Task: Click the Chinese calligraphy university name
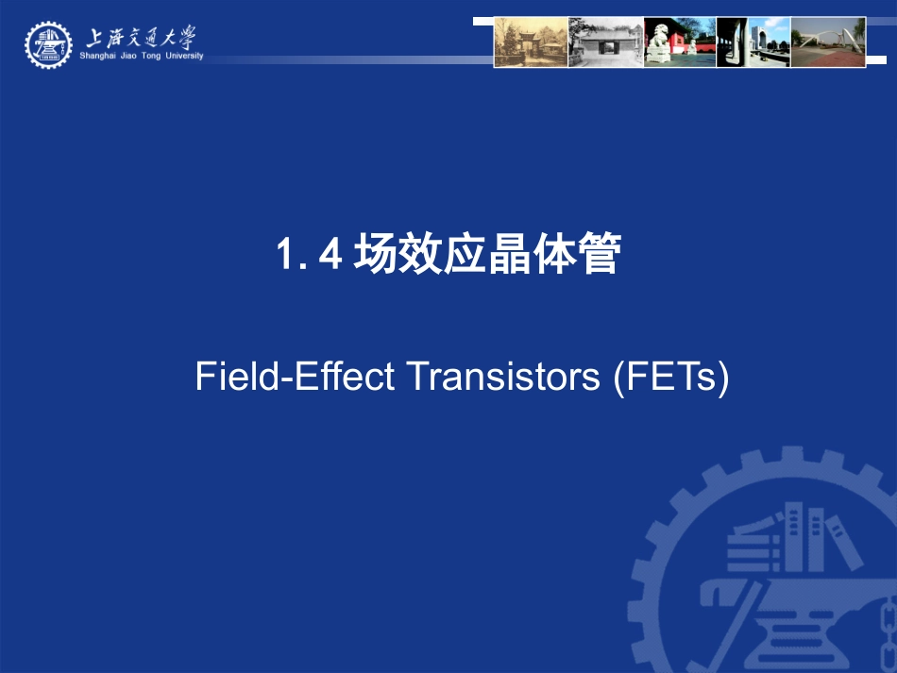[x=142, y=37]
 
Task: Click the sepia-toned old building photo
[x=531, y=42]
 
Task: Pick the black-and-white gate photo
[x=605, y=42]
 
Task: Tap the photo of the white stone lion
[x=679, y=42]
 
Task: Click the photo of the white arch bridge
[x=828, y=42]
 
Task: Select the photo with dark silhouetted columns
[x=753, y=42]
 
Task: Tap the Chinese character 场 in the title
[x=375, y=256]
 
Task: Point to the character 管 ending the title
[x=599, y=256]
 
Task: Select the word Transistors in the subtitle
[x=502, y=377]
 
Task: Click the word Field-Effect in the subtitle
[x=295, y=377]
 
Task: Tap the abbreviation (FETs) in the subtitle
[x=670, y=377]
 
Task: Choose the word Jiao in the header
[x=139, y=56]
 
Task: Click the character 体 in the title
[x=553, y=256]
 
